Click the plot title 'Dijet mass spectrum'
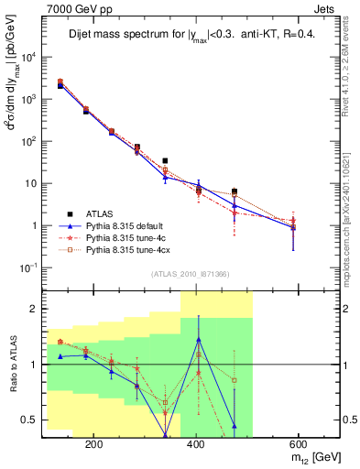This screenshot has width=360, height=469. pos(137,37)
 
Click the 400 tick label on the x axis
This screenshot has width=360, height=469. pos(195,442)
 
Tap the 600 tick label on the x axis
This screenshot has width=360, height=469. pos(298,442)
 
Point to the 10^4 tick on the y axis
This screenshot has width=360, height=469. pos(29,57)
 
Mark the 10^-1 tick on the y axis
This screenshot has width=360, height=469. pos(29,267)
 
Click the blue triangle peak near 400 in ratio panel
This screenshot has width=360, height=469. pos(198,340)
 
